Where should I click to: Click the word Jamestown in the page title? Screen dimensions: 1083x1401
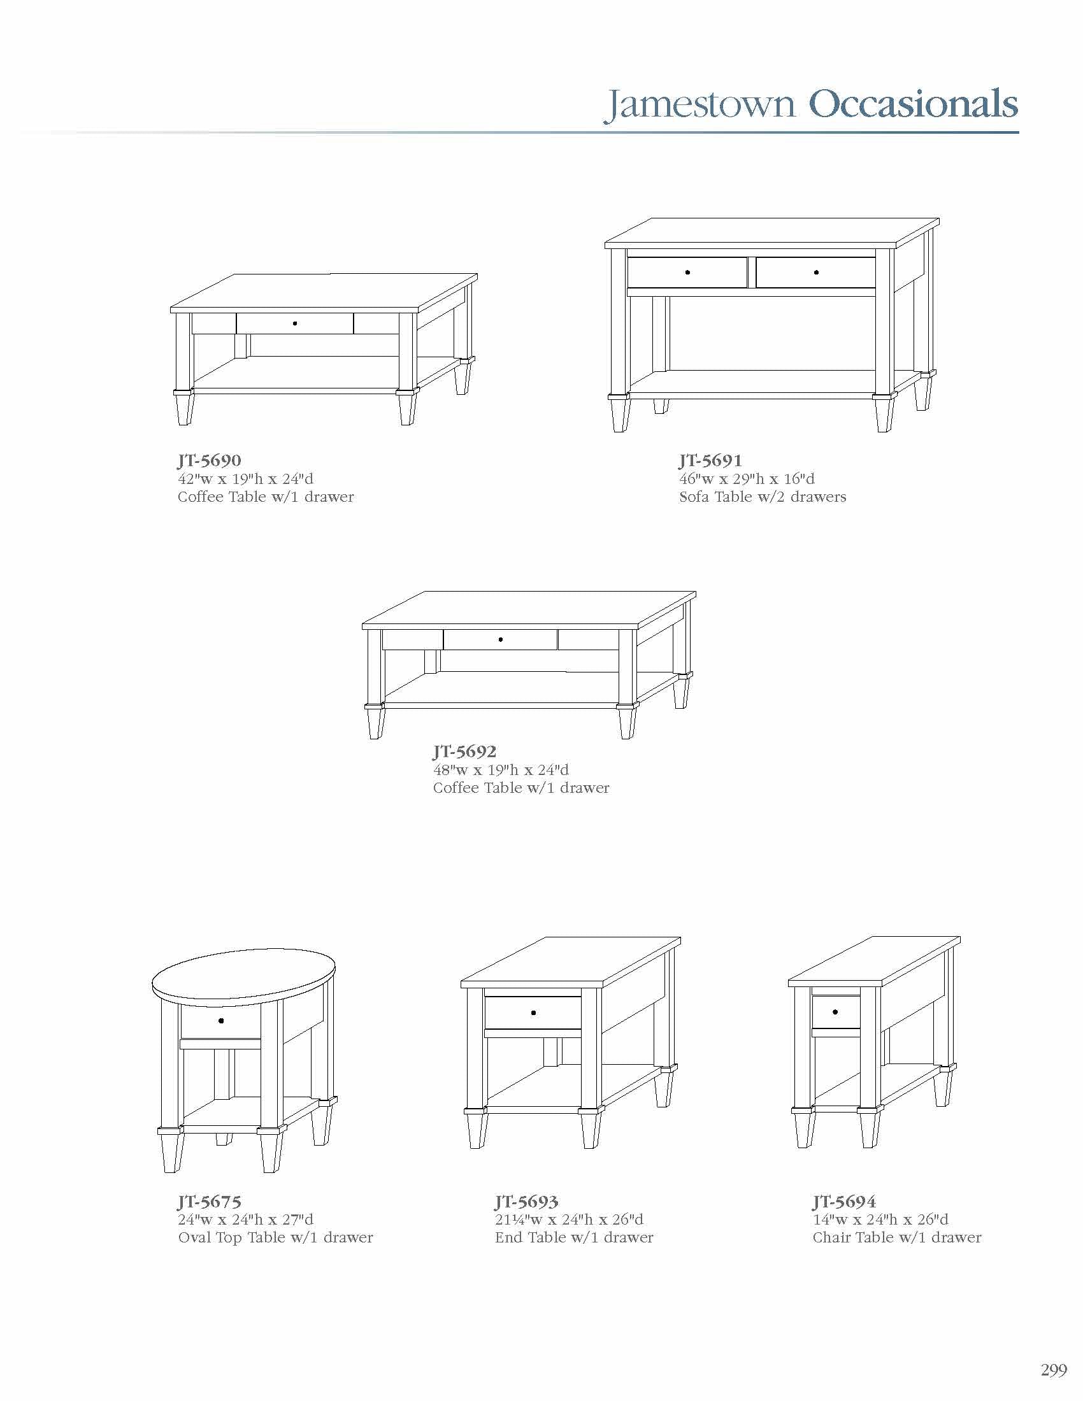click(700, 104)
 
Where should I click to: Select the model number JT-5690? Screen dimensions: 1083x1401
click(209, 460)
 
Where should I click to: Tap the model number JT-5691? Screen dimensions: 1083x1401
click(710, 460)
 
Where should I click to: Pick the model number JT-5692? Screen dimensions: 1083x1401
click(464, 751)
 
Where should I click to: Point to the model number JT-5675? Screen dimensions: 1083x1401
click(209, 1202)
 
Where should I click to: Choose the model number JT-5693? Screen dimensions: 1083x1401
click(526, 1202)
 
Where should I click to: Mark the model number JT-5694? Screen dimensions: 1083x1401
click(843, 1202)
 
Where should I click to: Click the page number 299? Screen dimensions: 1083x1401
click(1054, 1370)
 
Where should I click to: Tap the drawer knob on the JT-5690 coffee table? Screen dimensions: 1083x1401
click(294, 324)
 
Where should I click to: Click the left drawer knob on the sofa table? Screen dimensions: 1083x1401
click(687, 273)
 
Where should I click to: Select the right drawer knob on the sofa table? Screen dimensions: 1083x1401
click(816, 273)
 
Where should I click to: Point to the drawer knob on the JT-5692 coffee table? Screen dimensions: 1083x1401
click(501, 639)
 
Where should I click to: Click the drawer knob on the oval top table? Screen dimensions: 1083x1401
click(220, 1021)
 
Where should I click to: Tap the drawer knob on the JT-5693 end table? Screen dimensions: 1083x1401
click(534, 1013)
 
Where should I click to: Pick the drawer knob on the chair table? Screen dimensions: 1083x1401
click(835, 1013)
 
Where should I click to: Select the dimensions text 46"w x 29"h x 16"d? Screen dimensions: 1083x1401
click(747, 479)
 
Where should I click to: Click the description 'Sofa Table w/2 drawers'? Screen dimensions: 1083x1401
click(763, 497)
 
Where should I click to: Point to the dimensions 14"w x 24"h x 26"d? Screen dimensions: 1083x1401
click(880, 1220)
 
